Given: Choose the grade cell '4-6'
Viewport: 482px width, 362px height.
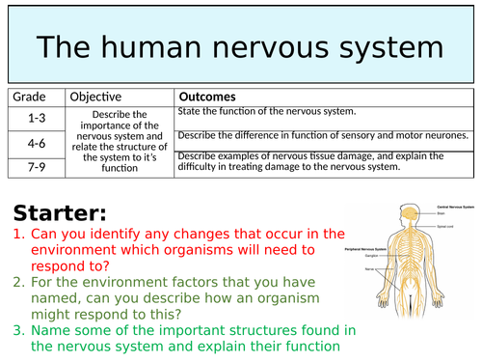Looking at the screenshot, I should point(36,142).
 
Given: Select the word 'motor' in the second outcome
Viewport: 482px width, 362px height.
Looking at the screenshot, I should point(419,135).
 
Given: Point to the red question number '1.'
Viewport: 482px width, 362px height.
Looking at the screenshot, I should point(19,234).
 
